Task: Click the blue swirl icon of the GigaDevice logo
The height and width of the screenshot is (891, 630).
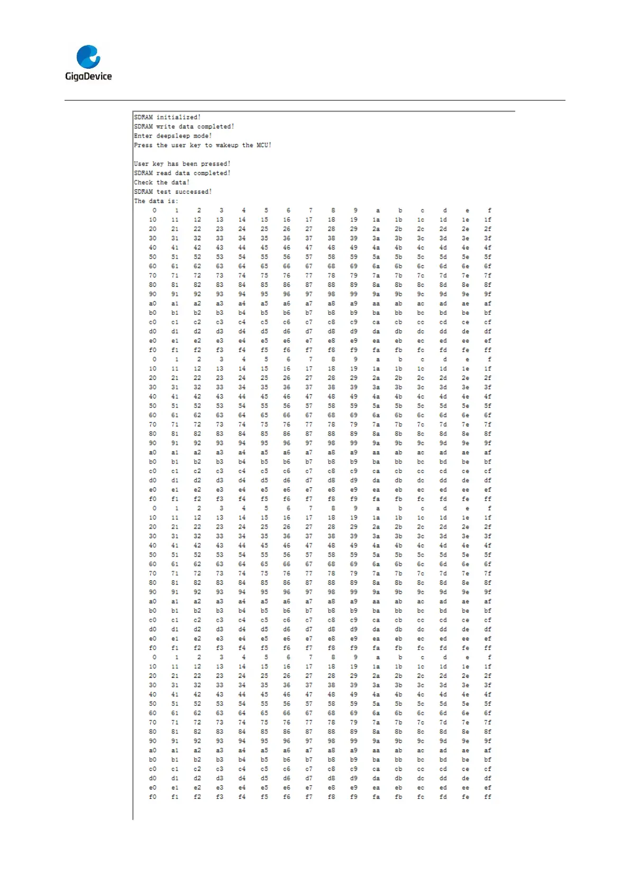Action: (88, 57)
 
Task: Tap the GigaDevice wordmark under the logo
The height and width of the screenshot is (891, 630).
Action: (88, 76)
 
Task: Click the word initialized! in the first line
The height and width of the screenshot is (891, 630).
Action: (178, 117)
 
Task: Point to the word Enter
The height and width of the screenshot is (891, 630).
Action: (143, 136)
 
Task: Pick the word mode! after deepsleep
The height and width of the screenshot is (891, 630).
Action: (203, 136)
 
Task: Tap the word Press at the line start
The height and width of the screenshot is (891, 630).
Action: (143, 146)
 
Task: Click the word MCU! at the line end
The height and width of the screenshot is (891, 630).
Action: (264, 146)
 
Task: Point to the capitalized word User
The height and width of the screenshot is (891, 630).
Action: (141, 164)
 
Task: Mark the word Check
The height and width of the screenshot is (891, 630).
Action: (143, 183)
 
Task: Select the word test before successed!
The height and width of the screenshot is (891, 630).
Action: (163, 192)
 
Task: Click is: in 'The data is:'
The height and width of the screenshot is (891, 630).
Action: (173, 201)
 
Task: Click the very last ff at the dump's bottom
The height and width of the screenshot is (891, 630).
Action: (488, 797)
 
